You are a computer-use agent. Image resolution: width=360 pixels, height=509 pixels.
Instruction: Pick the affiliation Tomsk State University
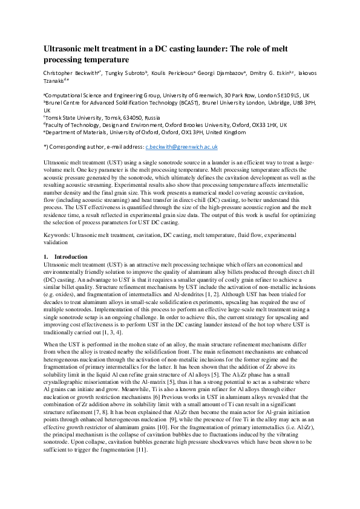(74, 118)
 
